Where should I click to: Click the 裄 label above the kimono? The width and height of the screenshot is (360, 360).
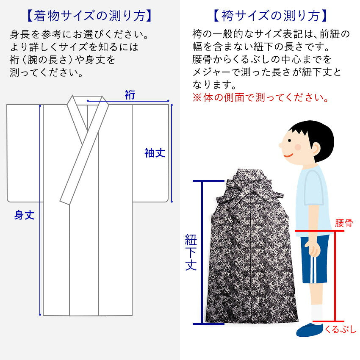pyautogui.click(x=130, y=95)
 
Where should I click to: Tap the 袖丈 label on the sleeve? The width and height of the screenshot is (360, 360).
pyautogui.click(x=155, y=153)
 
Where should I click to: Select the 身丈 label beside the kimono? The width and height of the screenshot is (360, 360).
pyautogui.click(x=24, y=215)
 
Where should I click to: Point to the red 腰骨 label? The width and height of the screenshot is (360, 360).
pyautogui.click(x=344, y=223)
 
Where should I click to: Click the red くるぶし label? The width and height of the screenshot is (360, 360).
pyautogui.click(x=340, y=330)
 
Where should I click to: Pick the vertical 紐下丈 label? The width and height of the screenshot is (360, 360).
pyautogui.click(x=191, y=252)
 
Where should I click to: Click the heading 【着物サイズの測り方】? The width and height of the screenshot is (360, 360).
pyautogui.click(x=89, y=16)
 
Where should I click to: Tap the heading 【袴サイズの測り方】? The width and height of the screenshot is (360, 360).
pyautogui.click(x=270, y=16)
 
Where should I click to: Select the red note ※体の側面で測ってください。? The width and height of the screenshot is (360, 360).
pyautogui.click(x=260, y=97)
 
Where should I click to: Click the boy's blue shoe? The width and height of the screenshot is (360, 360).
pyautogui.click(x=309, y=330)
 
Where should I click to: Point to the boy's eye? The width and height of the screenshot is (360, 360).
pyautogui.click(x=290, y=141)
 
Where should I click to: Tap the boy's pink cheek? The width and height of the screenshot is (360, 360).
pyautogui.click(x=298, y=147)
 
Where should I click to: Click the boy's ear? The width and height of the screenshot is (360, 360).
pyautogui.click(x=315, y=149)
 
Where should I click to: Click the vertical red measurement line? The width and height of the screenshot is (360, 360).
pyautogui.click(x=335, y=276)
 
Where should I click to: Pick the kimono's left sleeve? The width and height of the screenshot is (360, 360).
pyautogui.click(x=25, y=153)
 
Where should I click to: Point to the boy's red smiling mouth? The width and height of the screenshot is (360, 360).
pyautogui.click(x=288, y=155)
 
